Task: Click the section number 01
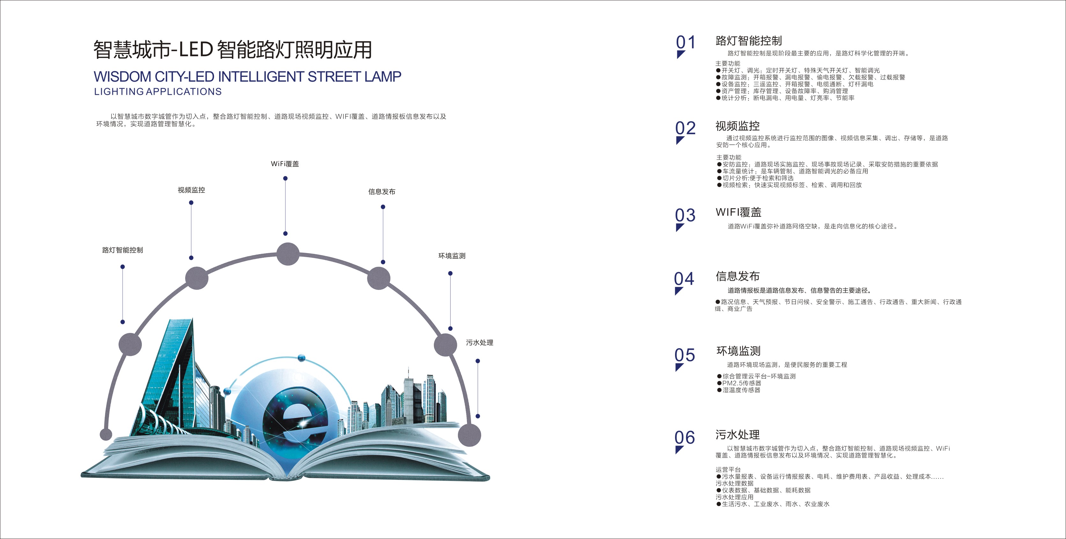pos(686,42)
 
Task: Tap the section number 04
pos(684,279)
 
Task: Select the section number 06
pos(684,438)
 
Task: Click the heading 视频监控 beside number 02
pos(738,126)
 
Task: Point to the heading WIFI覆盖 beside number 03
pos(738,212)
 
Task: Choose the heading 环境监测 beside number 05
pos(738,351)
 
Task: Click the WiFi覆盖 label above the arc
pos(285,164)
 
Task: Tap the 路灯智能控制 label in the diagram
pos(122,250)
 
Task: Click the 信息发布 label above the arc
pos(382,192)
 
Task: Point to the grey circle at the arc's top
pos(288,254)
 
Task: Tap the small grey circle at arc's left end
pos(106,434)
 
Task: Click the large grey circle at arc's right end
pos(469,435)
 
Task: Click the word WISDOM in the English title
pos(122,77)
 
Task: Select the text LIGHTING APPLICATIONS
pos(158,92)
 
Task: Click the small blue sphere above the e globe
pos(302,358)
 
